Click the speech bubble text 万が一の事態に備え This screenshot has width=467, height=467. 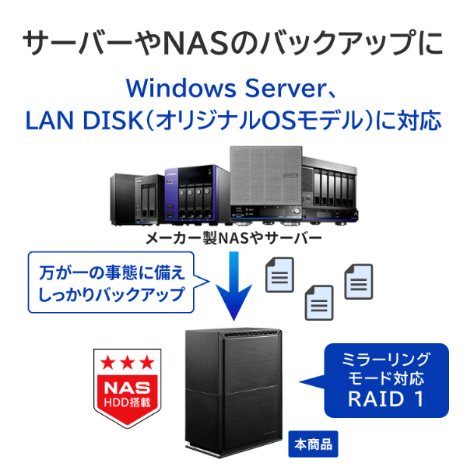[111, 274]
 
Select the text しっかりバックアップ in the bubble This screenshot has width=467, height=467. [111, 295]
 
